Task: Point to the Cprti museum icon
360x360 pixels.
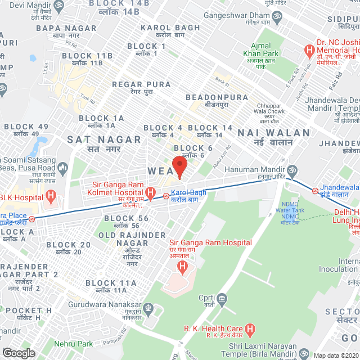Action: point(222,298)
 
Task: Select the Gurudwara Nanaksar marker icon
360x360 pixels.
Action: point(148,308)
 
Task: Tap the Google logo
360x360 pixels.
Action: point(19,353)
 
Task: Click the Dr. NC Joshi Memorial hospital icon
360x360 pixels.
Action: point(309,51)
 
